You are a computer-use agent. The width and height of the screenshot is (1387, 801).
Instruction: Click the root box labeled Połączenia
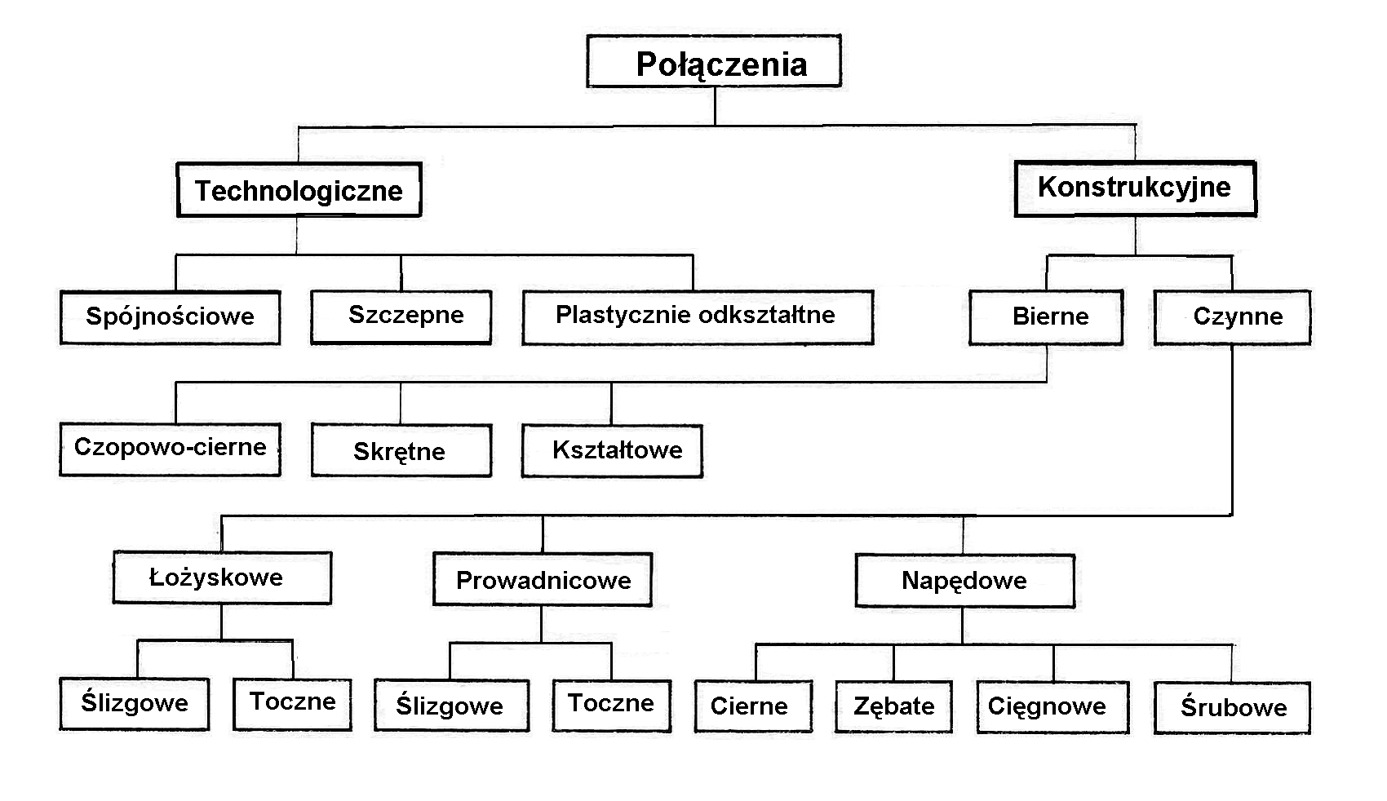click(714, 60)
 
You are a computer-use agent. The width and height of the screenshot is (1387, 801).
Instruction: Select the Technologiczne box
click(299, 189)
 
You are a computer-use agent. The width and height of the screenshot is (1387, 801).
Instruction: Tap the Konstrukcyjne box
click(1136, 188)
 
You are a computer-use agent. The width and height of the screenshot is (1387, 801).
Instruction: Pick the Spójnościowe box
click(171, 317)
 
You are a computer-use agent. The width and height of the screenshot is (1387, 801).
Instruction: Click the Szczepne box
click(401, 317)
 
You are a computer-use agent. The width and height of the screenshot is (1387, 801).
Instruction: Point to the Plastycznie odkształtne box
click(698, 317)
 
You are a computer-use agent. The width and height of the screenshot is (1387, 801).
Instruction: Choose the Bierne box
click(1047, 317)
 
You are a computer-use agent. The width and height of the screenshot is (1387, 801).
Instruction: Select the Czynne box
click(1233, 317)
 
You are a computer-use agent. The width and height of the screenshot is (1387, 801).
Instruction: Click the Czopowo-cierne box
click(171, 449)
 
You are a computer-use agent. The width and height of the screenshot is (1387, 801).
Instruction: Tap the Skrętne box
click(402, 450)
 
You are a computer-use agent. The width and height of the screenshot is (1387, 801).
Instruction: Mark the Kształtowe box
click(613, 450)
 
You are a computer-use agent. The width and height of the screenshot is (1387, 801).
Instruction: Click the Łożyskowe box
click(222, 578)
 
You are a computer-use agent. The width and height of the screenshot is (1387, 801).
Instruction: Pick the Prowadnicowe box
click(543, 579)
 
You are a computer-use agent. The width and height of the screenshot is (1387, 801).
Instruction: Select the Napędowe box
click(965, 581)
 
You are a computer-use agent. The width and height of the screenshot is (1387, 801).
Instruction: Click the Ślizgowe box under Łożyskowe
click(135, 705)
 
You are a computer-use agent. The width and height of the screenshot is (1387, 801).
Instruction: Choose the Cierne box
click(754, 707)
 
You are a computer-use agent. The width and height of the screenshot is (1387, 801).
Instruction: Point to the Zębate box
click(894, 707)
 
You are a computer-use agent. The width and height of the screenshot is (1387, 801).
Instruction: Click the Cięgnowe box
click(1053, 707)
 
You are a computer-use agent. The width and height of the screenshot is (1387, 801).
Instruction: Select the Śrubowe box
click(1232, 708)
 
